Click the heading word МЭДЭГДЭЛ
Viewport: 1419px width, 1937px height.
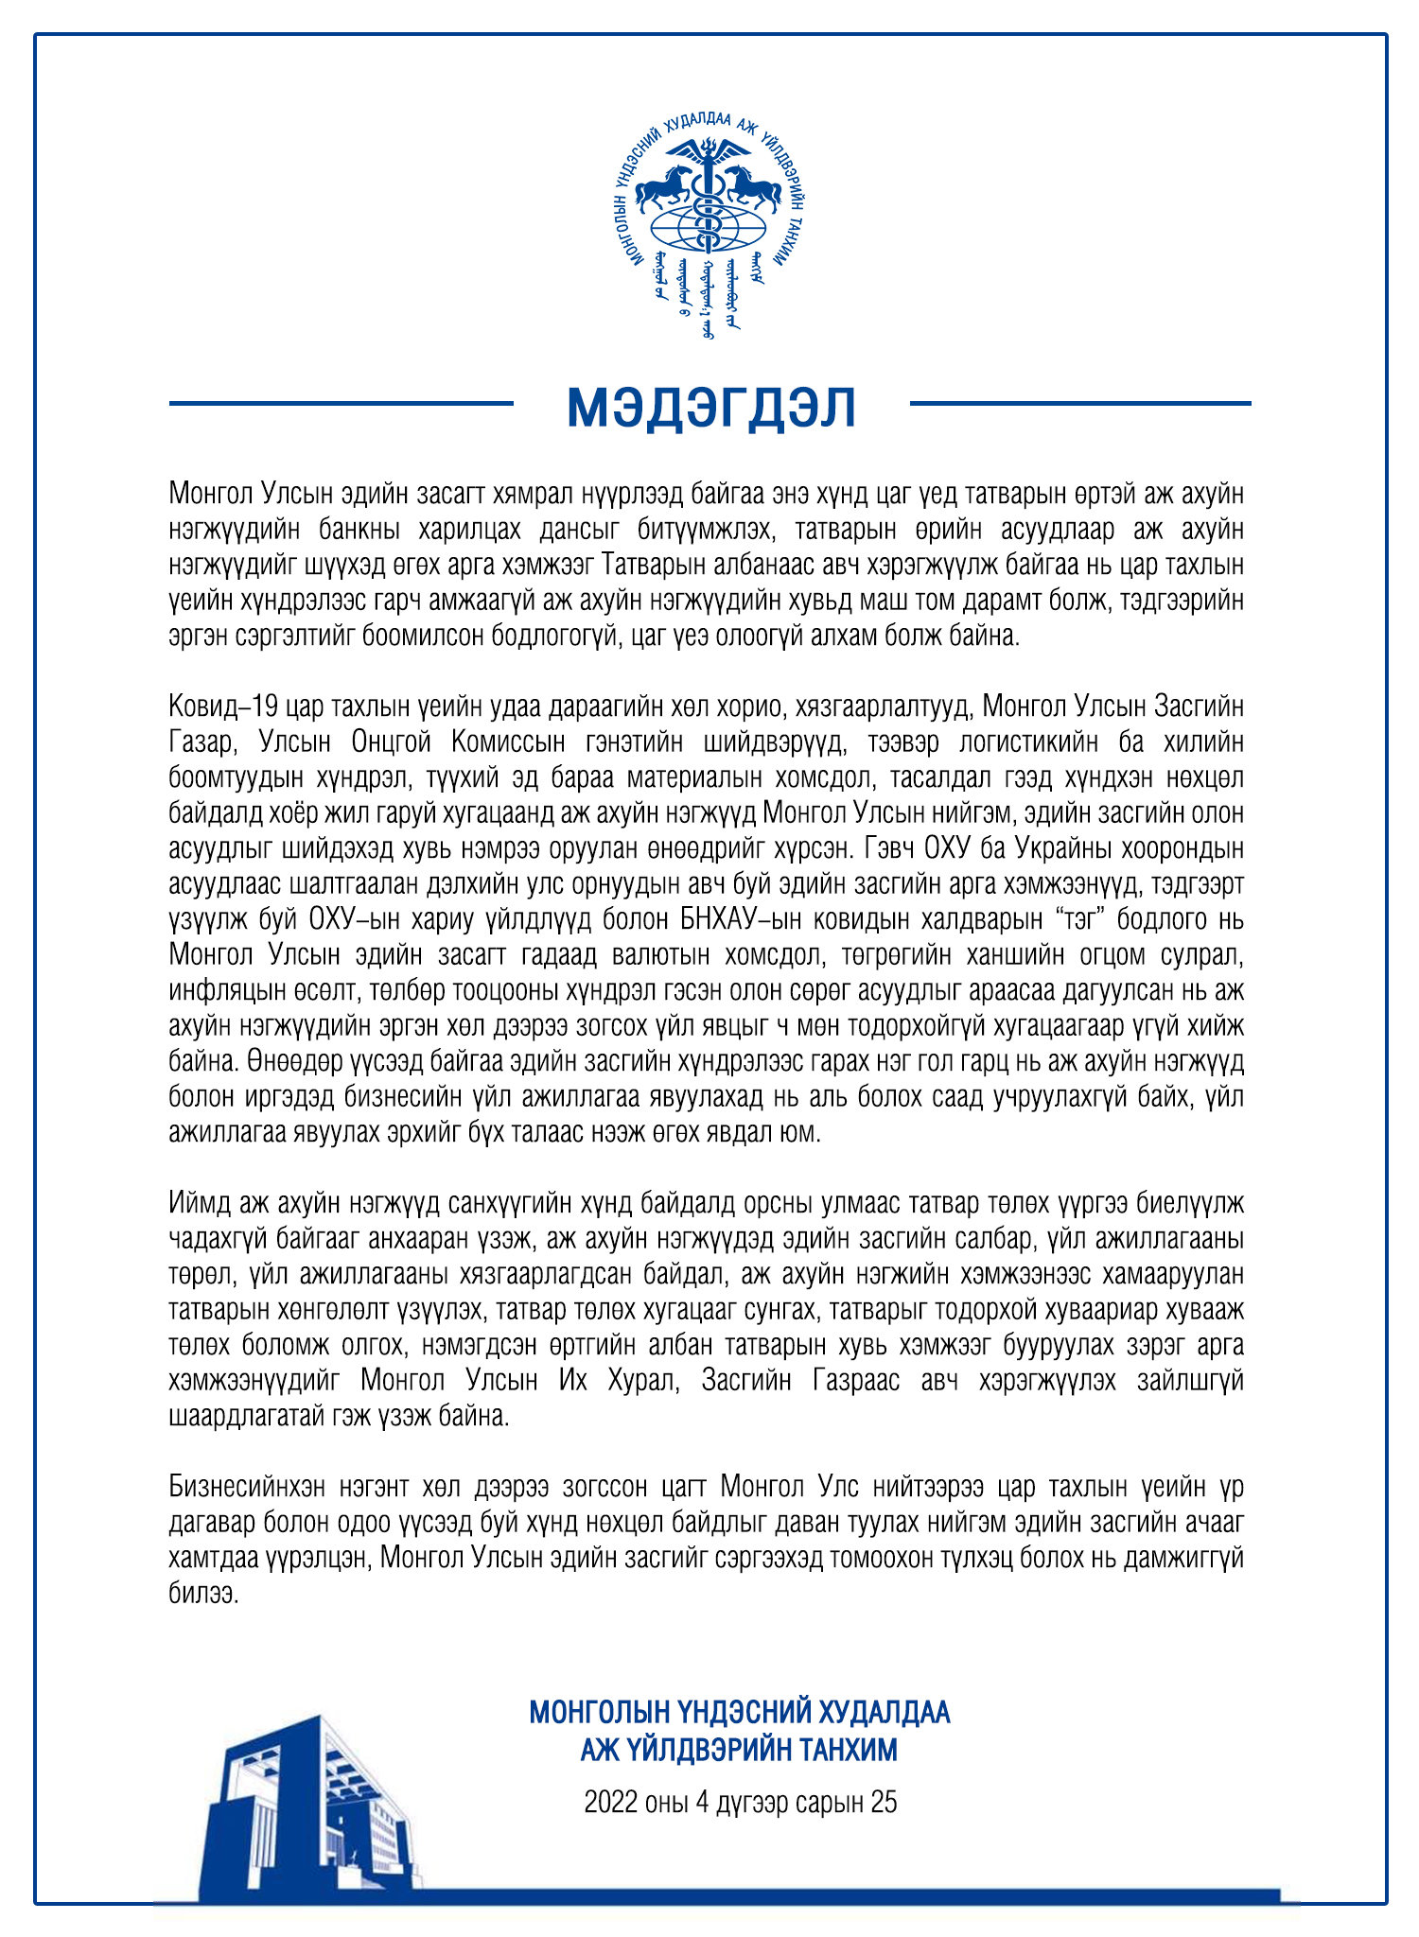710,408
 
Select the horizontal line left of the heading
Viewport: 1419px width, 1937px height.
341,404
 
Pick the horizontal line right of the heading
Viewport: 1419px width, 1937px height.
1079,404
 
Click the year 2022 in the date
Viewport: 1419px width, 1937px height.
610,1802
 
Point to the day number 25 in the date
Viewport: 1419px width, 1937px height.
884,1802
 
